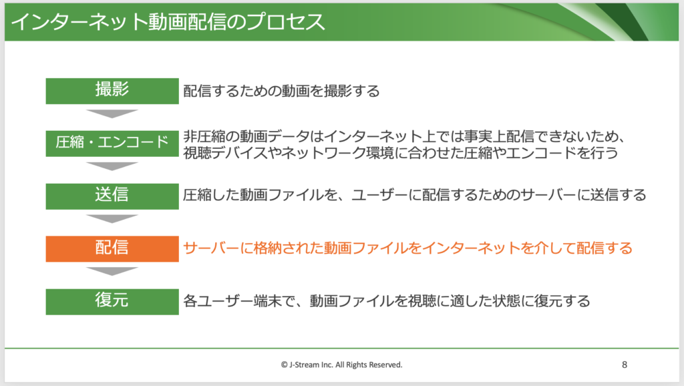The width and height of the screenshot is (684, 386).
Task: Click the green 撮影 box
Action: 112,91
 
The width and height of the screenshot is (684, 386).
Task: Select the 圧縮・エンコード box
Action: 112,144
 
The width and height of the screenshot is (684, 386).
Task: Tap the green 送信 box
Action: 112,196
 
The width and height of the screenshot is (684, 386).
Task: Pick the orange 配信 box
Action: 112,249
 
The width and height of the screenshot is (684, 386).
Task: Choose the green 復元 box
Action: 112,301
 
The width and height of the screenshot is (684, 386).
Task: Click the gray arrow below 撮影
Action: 112,114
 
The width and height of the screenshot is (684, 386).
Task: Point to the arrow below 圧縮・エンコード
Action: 112,166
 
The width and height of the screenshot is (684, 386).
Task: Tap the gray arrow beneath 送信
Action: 112,218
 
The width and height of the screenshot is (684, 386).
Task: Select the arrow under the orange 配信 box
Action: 112,271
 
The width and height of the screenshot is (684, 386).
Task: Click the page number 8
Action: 625,365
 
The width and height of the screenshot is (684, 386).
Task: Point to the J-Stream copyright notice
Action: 341,365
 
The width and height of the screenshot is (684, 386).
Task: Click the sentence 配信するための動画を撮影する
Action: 281,91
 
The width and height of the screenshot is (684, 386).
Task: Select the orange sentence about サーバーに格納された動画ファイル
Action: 408,248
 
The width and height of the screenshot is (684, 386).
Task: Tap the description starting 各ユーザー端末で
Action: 387,301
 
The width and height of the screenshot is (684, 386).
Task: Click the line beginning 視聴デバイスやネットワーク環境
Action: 401,153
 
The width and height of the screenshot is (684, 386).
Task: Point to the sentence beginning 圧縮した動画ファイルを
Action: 414,195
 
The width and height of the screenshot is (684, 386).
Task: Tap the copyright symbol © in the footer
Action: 285,365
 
